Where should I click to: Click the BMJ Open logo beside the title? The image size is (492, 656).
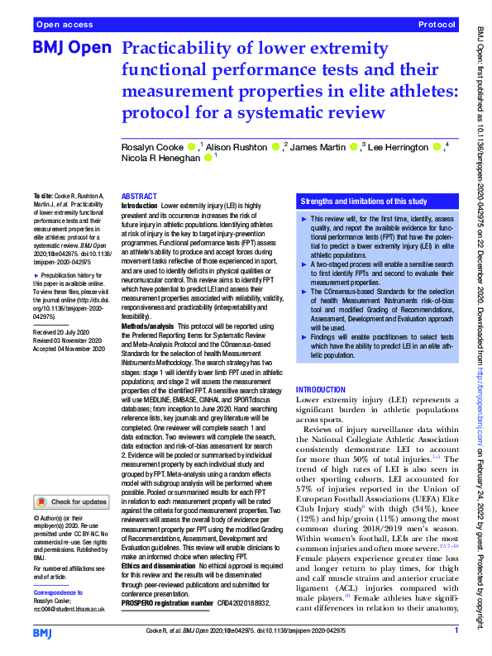pos(72,49)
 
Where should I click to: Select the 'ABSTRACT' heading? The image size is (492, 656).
pos(139,197)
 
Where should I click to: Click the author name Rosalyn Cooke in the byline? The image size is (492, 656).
pos(151,147)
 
